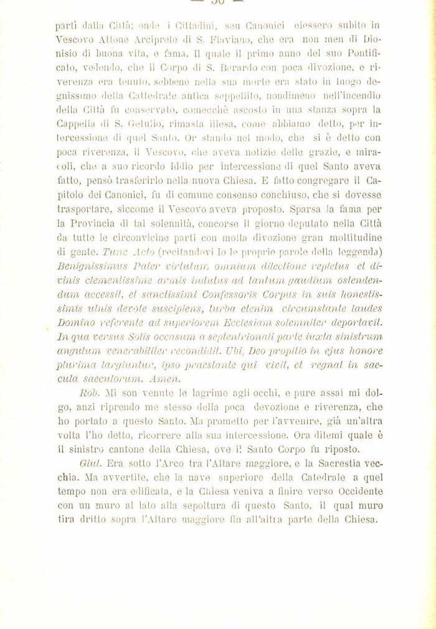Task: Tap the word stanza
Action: point(323,111)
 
